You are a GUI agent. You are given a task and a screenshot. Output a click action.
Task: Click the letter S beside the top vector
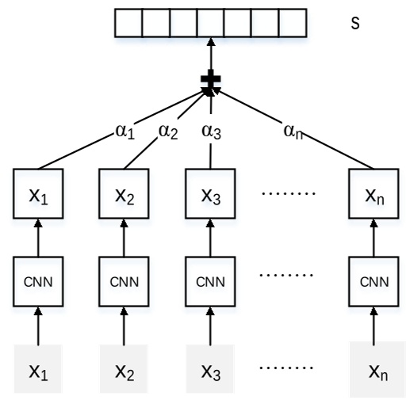[x=355, y=24]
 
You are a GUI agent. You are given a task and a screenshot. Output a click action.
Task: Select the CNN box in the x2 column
[x=124, y=281]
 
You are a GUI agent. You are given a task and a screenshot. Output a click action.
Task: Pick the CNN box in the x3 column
[x=210, y=281]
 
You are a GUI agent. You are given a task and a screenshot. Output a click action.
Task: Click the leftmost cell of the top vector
[x=128, y=23]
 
